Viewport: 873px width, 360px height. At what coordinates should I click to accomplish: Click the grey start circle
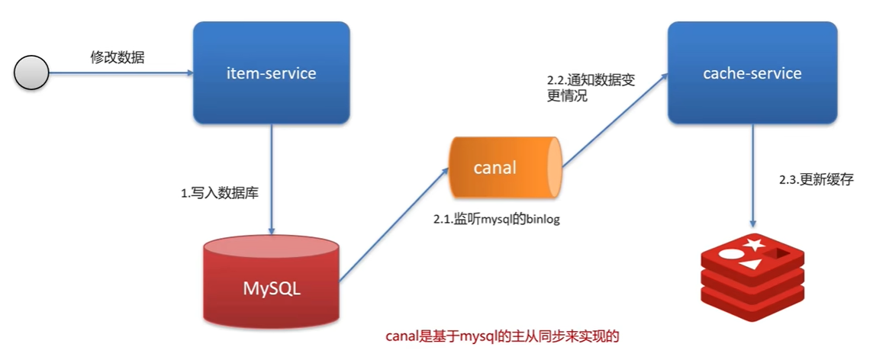tap(31, 73)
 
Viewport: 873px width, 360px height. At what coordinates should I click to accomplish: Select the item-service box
tap(271, 73)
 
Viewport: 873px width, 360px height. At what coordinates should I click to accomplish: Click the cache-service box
tap(752, 73)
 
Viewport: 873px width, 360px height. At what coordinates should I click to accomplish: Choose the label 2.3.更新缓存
tap(816, 180)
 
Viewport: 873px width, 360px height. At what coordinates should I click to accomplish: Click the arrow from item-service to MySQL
tap(271, 179)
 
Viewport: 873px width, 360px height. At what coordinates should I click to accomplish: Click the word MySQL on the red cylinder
tap(271, 289)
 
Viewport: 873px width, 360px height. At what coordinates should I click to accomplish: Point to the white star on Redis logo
tap(755, 244)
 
